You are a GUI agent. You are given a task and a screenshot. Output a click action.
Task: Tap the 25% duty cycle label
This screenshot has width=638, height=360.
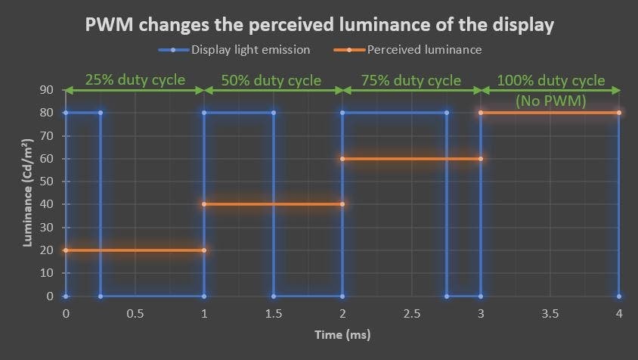click(x=134, y=79)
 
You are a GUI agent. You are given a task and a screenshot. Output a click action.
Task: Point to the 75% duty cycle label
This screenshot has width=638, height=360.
click(x=412, y=79)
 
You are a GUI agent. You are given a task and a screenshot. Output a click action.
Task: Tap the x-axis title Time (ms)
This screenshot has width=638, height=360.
click(x=341, y=333)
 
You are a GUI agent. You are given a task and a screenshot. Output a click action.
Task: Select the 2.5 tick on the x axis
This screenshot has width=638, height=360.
click(x=411, y=312)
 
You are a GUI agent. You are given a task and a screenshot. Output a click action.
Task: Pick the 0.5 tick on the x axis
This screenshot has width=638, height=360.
click(x=135, y=312)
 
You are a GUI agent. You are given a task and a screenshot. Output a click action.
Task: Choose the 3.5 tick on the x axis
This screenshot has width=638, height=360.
click(x=550, y=312)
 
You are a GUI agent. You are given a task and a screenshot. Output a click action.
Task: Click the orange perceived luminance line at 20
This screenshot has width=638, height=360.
click(x=135, y=250)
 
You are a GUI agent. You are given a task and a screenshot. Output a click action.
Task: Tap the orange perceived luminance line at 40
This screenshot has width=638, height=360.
click(x=273, y=204)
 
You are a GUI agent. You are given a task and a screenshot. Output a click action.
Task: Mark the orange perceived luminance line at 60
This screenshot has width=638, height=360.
click(x=411, y=159)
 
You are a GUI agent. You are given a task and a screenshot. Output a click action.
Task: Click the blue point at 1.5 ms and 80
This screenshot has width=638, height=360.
click(x=273, y=113)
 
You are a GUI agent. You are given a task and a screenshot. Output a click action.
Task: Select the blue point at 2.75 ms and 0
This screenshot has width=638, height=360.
click(x=446, y=296)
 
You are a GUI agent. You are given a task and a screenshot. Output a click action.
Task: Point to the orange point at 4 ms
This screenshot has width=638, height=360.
click(x=619, y=113)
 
